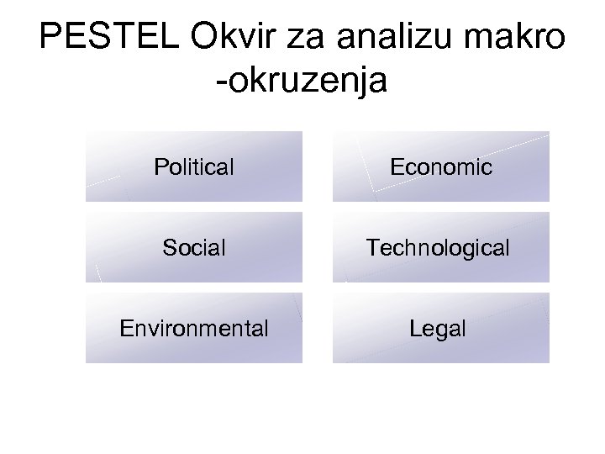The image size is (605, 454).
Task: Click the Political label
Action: (194, 167)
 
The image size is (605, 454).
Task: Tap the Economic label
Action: (441, 167)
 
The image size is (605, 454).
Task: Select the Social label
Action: (194, 248)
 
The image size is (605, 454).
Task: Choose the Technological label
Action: (437, 248)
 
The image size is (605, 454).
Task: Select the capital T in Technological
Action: (371, 248)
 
